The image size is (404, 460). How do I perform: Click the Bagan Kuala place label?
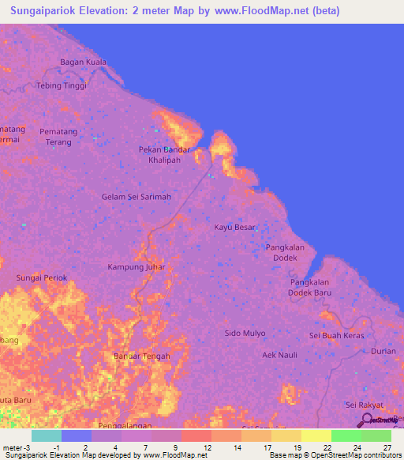pyautogui.click(x=84, y=62)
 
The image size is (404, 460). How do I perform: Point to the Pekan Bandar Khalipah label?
pyautogui.click(x=164, y=154)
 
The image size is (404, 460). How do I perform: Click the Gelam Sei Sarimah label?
pyautogui.click(x=137, y=197)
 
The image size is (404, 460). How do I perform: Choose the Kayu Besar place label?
pyautogui.click(x=235, y=228)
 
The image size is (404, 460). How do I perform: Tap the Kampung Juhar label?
pyautogui.click(x=137, y=267)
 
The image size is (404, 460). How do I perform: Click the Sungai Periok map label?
pyautogui.click(x=42, y=278)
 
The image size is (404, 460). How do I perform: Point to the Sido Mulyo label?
pyautogui.click(x=245, y=334)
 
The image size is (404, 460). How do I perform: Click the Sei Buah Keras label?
pyautogui.click(x=336, y=336)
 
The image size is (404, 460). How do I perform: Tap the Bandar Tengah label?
pyautogui.click(x=142, y=356)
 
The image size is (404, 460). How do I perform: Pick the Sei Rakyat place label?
pyautogui.click(x=364, y=405)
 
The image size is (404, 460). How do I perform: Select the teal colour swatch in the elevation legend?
pyautogui.click(x=47, y=435)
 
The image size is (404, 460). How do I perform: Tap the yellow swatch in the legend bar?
pyautogui.click(x=316, y=435)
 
